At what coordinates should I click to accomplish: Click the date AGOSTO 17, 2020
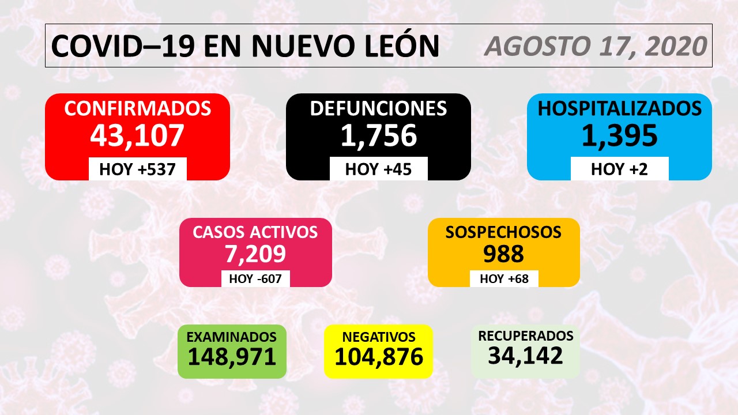coord(596,46)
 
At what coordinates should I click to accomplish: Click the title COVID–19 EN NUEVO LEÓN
coord(244,46)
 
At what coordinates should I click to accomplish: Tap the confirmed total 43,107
coord(137,135)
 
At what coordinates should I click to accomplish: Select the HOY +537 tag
coord(137,169)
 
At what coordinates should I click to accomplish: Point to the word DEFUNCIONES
coord(378,108)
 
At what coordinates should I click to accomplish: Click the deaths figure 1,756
coord(378,135)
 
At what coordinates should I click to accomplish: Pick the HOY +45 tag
coord(378,169)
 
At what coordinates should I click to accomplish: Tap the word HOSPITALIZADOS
coord(620,108)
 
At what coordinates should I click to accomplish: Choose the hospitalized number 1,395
coord(620,135)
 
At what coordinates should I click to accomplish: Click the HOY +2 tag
coord(620,169)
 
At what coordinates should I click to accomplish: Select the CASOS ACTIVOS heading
coord(255,232)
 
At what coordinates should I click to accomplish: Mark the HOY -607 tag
coord(255,279)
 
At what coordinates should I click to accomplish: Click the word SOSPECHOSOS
coord(503,232)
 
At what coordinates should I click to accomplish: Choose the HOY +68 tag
coord(503,279)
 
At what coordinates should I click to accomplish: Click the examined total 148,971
coord(232,357)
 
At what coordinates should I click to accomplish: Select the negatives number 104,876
coord(378,357)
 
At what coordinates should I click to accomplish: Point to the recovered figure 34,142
coord(525,356)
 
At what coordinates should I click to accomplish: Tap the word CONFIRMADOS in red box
coord(137,108)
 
